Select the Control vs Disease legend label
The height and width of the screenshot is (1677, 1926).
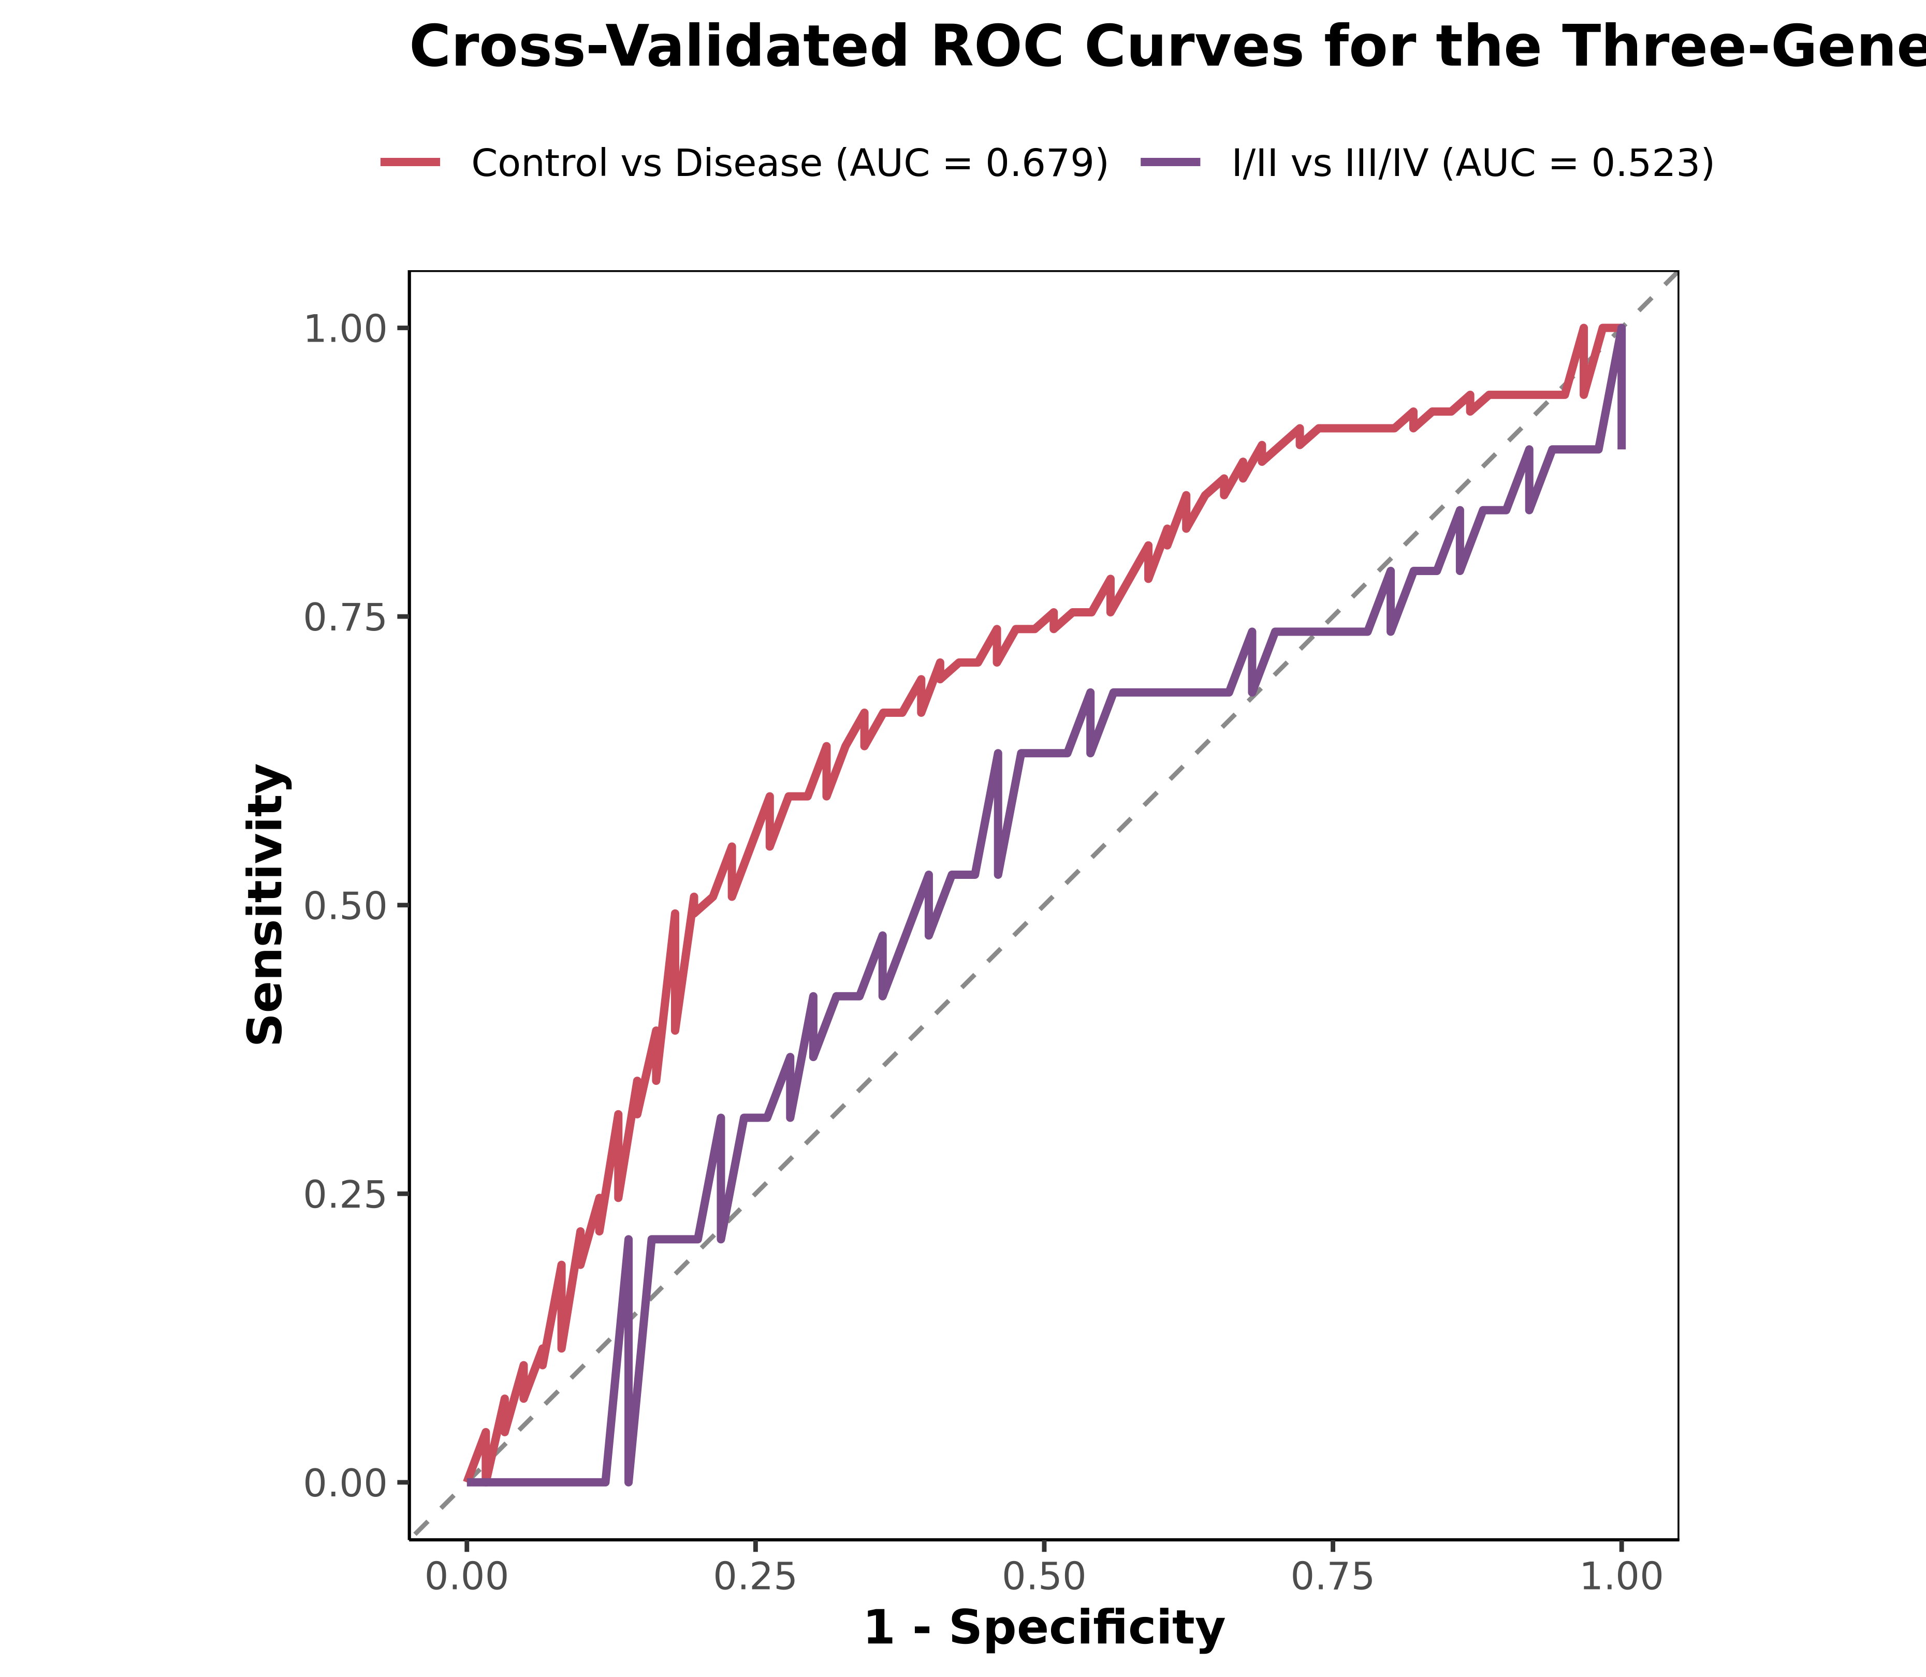[646, 164]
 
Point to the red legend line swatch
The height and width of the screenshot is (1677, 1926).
[410, 163]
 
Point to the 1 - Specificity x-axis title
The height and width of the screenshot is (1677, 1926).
[1043, 1628]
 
